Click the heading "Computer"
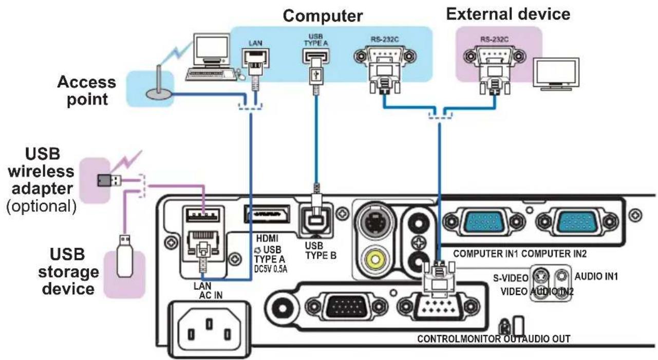click(323, 16)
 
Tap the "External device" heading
click(508, 14)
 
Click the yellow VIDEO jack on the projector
click(375, 259)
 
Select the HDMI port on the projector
click(267, 215)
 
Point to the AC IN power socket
click(209, 329)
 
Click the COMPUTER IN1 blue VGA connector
click(484, 222)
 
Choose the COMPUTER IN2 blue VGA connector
click(577, 222)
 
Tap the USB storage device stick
click(125, 256)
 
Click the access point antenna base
click(159, 94)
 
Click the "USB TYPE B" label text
click(321, 251)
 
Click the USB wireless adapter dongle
click(109, 180)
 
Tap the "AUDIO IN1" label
click(596, 276)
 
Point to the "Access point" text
click(87, 90)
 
